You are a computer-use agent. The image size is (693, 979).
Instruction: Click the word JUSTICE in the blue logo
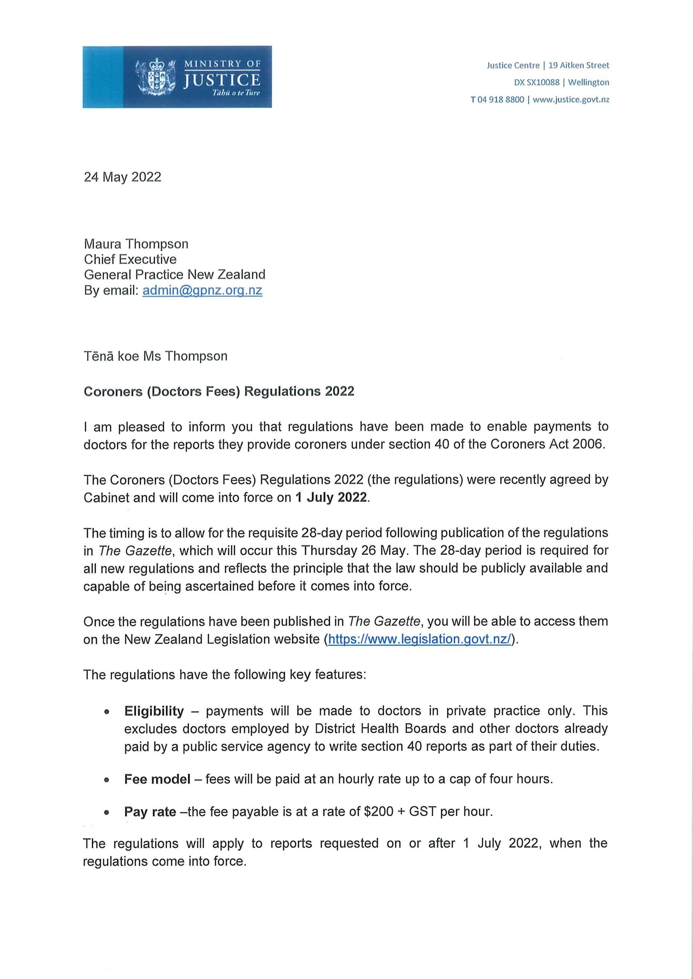click(222, 80)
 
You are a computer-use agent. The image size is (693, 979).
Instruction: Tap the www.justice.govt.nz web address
click(571, 100)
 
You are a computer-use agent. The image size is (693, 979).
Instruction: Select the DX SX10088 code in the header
click(537, 82)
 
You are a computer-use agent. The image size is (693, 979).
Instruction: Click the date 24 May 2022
click(122, 177)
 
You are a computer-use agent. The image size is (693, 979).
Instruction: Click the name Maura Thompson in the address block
click(136, 244)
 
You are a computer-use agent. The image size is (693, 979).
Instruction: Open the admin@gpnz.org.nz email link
click(202, 290)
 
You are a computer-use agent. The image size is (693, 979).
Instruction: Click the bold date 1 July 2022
click(331, 498)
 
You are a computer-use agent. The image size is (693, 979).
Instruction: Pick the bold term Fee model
click(157, 779)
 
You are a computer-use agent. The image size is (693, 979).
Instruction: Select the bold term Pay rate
click(150, 812)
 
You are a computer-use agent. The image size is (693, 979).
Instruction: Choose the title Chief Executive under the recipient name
click(130, 259)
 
